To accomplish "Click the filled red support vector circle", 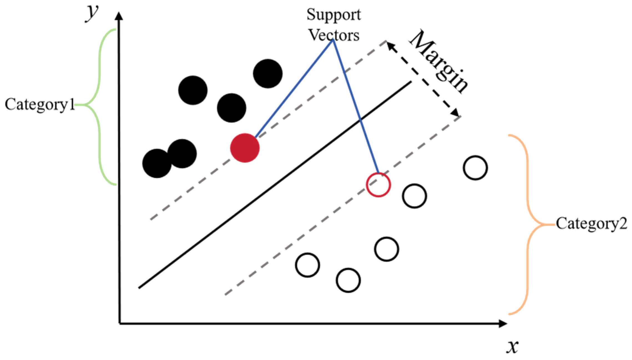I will pos(245,148).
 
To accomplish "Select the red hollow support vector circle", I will pos(378,185).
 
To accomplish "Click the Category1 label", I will pos(40,105).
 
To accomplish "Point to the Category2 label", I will pos(591,224).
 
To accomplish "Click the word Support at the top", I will pos(334,15).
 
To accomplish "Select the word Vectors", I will pos(334,36).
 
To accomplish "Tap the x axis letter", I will pos(512,346).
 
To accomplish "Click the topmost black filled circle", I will pos(268,74).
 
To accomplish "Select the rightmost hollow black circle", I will pos(475,167).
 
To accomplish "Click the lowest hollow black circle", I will pos(348,280).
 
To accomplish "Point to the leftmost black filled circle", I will pos(157,163).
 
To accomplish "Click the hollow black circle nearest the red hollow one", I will pos(414,196).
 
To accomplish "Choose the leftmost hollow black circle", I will pos(307,265).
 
